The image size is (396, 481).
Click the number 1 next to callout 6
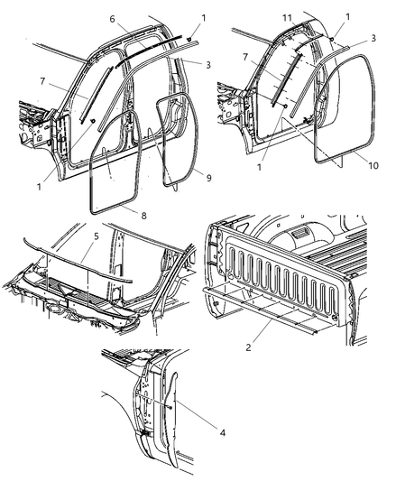(x=204, y=18)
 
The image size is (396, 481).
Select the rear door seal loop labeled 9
(x=179, y=135)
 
